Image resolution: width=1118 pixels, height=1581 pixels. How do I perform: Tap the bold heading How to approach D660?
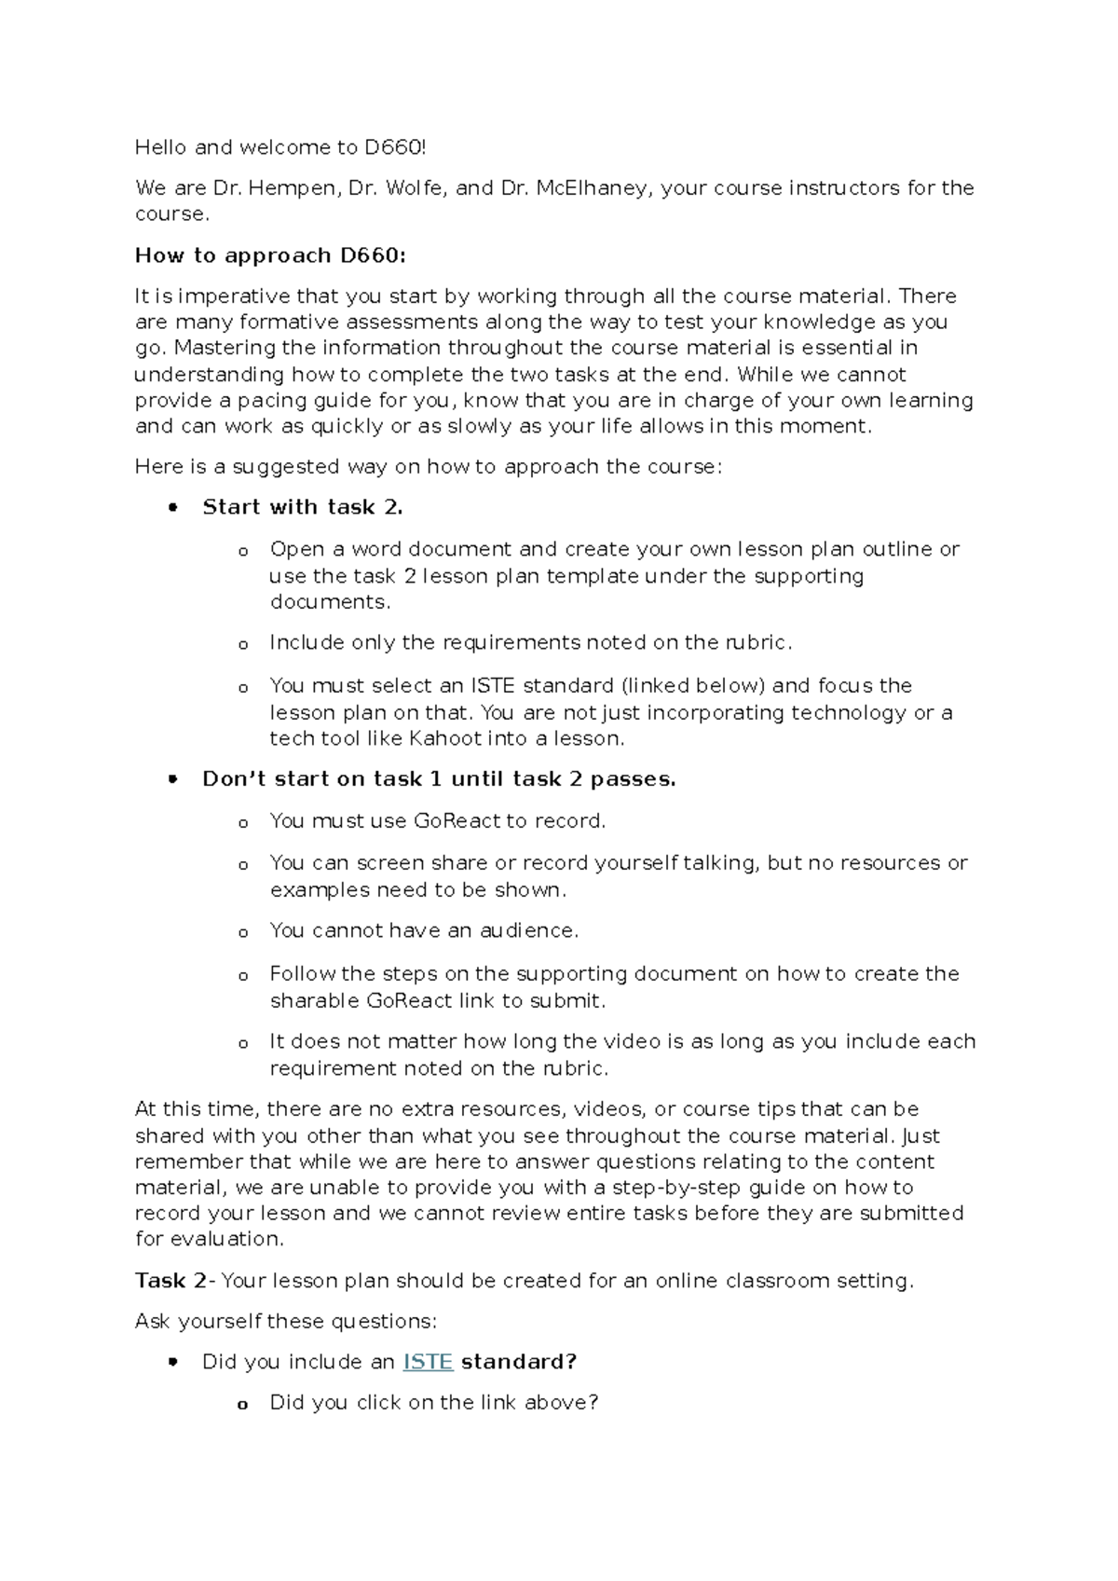pyautogui.click(x=270, y=255)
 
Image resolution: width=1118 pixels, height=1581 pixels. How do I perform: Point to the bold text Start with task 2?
pyautogui.click(x=303, y=508)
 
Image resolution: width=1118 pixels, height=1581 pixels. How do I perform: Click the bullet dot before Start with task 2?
pyautogui.click(x=171, y=509)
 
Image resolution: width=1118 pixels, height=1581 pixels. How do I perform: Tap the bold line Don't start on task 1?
pyautogui.click(x=438, y=779)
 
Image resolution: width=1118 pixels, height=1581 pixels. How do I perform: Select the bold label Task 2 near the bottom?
pyautogui.click(x=170, y=1281)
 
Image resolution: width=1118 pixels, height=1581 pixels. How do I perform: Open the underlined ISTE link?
pyautogui.click(x=428, y=1363)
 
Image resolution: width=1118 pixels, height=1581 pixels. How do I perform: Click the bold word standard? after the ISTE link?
pyautogui.click(x=519, y=1363)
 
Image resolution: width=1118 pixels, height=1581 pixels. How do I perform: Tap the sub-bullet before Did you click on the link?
pyautogui.click(x=243, y=1405)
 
